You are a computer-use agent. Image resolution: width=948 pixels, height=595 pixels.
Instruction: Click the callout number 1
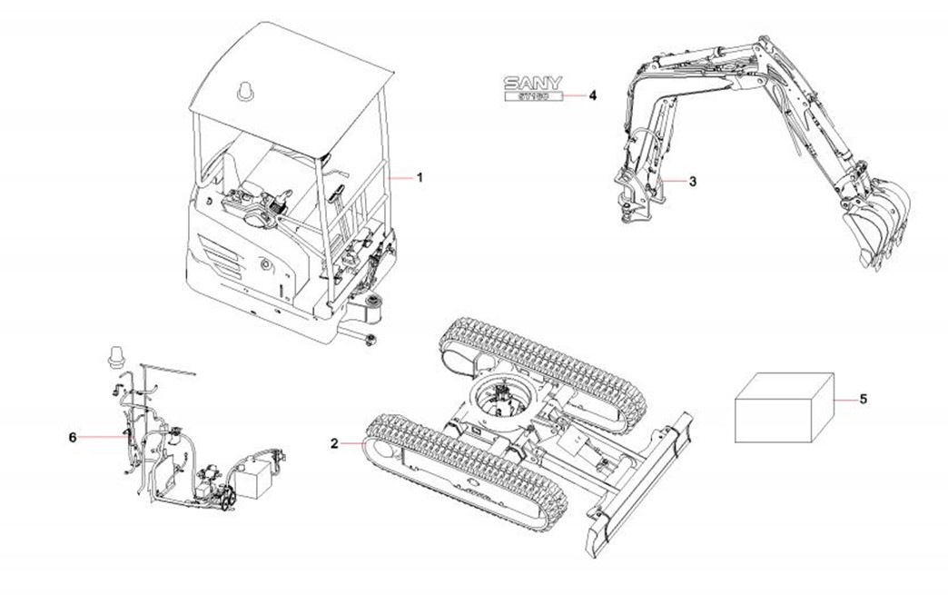(x=420, y=178)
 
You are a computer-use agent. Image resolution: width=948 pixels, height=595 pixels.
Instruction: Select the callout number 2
(x=334, y=443)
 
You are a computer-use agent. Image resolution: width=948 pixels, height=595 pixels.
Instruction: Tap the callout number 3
(x=693, y=182)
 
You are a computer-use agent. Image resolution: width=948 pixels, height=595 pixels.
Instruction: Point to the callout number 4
(x=593, y=94)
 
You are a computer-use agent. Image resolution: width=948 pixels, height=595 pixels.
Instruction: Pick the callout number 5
(x=863, y=399)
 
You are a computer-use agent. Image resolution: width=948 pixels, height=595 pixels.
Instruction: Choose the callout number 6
(x=73, y=437)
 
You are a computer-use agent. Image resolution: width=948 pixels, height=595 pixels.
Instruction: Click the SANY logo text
(x=534, y=83)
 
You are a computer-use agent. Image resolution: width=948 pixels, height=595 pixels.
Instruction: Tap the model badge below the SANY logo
(x=534, y=97)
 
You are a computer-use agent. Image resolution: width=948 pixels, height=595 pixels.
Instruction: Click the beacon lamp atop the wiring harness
(x=114, y=355)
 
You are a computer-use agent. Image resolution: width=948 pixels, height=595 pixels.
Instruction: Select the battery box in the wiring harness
(x=257, y=477)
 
